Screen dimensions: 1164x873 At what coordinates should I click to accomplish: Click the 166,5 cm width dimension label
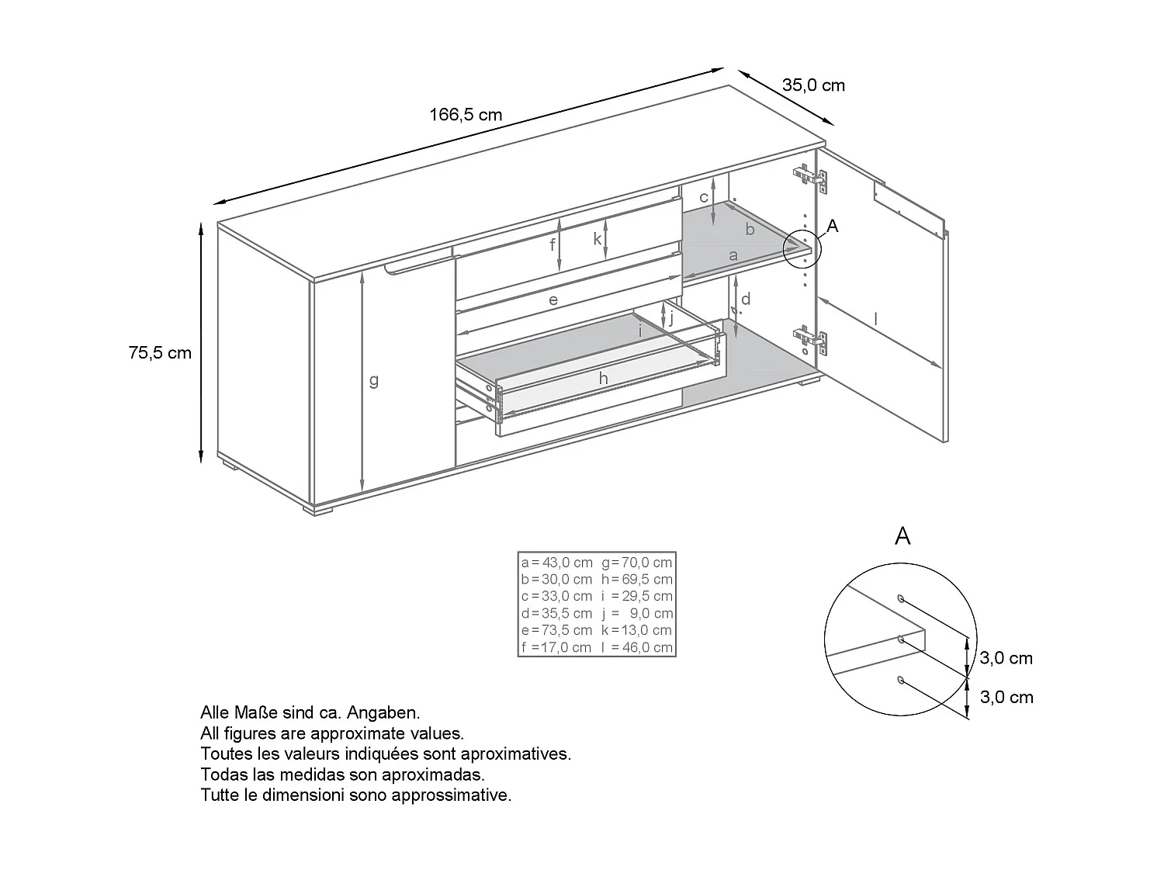point(466,116)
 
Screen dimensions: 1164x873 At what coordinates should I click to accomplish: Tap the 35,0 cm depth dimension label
point(813,85)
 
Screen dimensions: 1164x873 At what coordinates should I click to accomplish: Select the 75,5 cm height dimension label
point(160,353)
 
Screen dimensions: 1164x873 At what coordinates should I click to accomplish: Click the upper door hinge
point(810,178)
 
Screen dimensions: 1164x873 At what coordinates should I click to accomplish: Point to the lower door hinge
point(810,338)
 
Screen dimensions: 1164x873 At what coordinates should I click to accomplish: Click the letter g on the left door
point(374,381)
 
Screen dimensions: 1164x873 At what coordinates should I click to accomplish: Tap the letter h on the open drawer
point(603,378)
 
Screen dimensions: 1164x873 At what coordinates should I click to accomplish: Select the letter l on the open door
point(875,318)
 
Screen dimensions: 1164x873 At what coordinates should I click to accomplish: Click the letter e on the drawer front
point(553,300)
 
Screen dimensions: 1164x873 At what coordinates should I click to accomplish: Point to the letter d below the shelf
point(746,299)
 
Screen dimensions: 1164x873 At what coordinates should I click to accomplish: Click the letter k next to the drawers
point(598,239)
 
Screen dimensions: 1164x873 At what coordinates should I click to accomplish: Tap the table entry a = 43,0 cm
point(557,563)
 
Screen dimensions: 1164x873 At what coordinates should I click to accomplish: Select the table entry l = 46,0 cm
point(636,647)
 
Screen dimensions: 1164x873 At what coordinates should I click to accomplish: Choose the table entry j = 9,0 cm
point(636,613)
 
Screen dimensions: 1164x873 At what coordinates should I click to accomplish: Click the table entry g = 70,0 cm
point(636,563)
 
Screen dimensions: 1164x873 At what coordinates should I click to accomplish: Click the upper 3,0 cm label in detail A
point(1006,659)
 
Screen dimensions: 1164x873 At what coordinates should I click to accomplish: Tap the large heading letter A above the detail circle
point(902,536)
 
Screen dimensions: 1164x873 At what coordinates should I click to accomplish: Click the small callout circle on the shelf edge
point(802,248)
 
